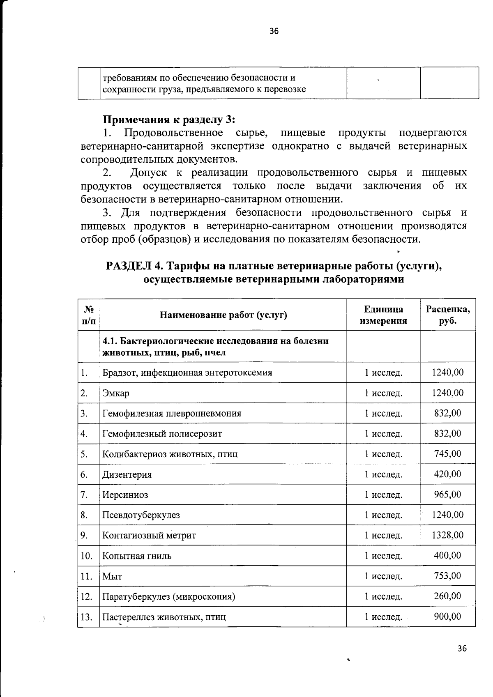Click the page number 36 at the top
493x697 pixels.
(x=274, y=31)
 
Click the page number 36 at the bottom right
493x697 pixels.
(x=462, y=649)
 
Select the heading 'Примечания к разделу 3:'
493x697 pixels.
(x=168, y=120)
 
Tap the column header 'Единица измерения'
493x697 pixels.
(x=383, y=315)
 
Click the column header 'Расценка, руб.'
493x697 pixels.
(x=448, y=315)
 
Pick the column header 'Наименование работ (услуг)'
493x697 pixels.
(x=223, y=315)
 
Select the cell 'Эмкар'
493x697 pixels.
(x=116, y=393)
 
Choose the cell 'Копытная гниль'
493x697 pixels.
(x=137, y=556)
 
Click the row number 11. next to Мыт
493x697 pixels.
(x=86, y=576)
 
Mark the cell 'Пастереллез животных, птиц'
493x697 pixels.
(x=164, y=617)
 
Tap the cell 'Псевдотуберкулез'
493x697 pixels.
(x=141, y=515)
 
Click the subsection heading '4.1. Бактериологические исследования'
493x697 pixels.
(x=215, y=347)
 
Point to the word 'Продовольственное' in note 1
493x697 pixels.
(x=173, y=133)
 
